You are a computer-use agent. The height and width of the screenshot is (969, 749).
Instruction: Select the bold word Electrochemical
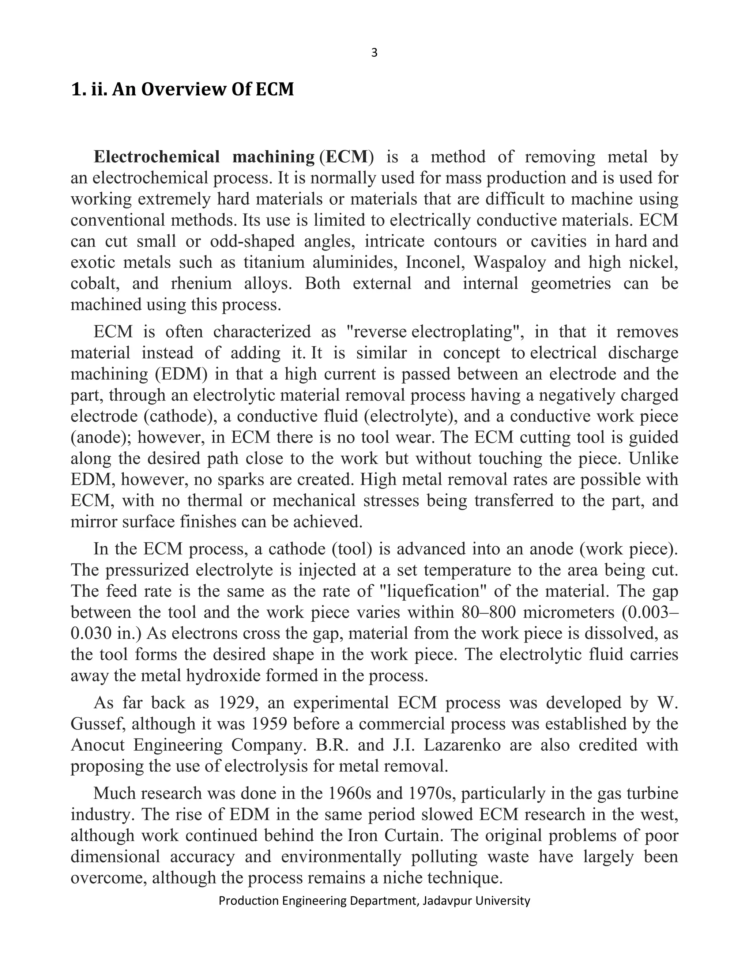[157, 157]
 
